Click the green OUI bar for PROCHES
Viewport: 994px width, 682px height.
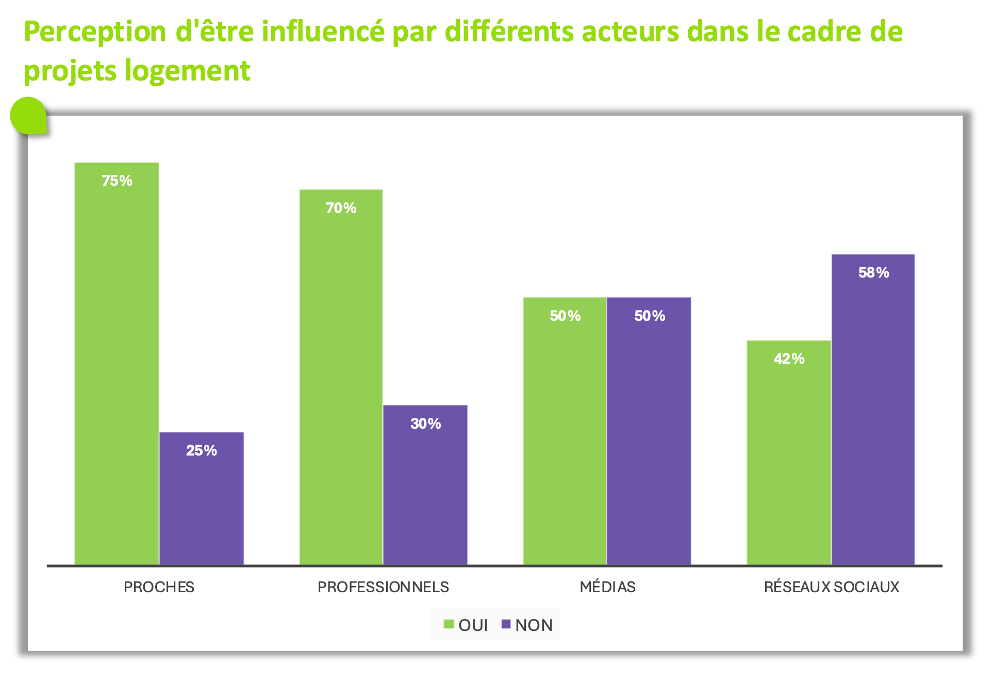[x=117, y=364]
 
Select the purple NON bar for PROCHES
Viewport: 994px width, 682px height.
[x=202, y=498]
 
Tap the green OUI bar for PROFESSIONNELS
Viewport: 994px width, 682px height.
[x=341, y=377]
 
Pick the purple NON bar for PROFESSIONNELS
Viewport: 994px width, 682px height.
[x=425, y=485]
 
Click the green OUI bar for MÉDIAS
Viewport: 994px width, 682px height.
[x=565, y=431]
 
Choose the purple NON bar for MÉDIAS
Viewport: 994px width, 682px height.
[x=649, y=431]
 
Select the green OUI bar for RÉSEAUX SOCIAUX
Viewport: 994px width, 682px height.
[x=789, y=452]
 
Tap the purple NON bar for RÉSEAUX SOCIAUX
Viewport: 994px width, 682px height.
[x=873, y=409]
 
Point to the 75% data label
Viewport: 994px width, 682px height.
[x=117, y=181]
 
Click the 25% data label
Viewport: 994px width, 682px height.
[x=202, y=450]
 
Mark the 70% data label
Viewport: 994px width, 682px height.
[x=341, y=208]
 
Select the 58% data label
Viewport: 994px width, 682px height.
[x=873, y=272]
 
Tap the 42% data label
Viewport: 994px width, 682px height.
[x=789, y=359]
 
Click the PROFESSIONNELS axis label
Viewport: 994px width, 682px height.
[x=383, y=587]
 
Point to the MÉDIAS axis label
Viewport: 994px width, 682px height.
[x=607, y=587]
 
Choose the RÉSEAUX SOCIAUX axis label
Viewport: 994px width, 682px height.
[x=831, y=587]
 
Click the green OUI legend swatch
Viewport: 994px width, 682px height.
[x=449, y=625]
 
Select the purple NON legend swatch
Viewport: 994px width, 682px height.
[x=506, y=625]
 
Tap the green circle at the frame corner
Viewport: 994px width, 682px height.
[x=28, y=116]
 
